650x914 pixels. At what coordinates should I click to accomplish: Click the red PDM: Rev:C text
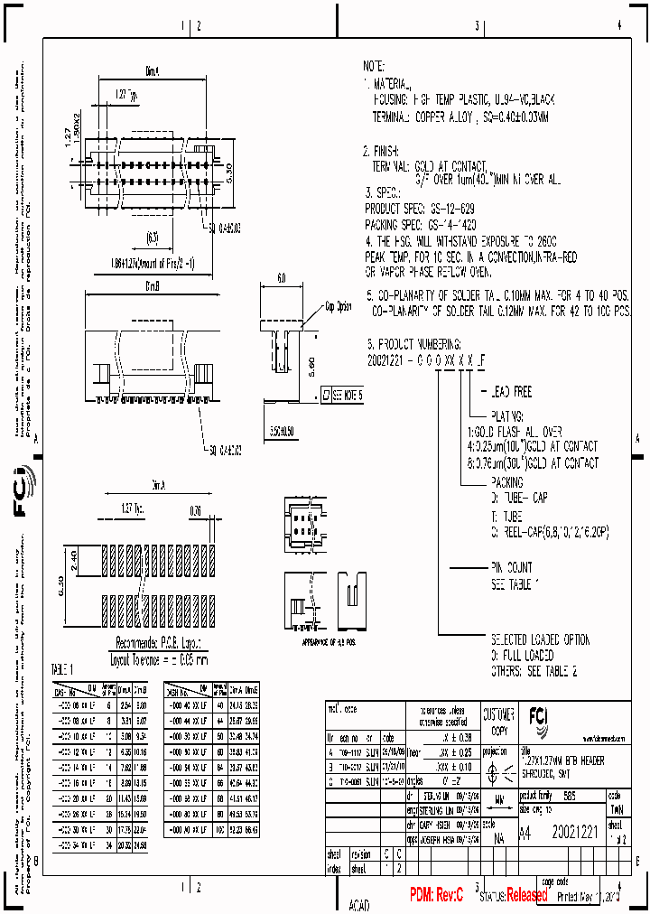pos(436,894)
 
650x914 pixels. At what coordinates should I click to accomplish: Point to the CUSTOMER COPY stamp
pos(498,721)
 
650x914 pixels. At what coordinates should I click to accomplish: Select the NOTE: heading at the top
pos(374,67)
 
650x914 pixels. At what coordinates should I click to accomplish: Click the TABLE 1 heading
pos(64,667)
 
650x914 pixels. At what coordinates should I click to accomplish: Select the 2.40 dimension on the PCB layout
pos(74,562)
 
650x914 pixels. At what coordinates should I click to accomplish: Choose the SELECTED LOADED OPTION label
pos(540,639)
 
